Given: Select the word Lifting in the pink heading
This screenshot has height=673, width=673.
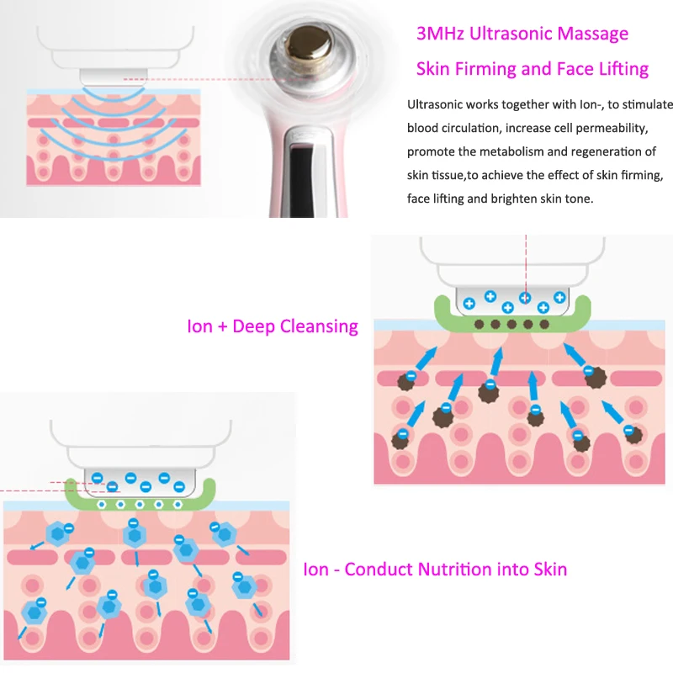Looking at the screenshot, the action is pos(618,69).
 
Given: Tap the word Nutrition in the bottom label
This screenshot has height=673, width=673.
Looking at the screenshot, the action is pos(458,570).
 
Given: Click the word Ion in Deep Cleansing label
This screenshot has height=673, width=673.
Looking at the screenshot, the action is pos(200,326).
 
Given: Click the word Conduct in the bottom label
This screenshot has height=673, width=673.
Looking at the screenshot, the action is pos(378,570).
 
